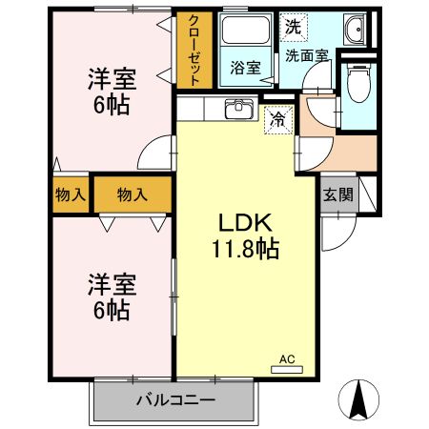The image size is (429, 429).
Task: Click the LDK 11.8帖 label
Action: tap(245, 235)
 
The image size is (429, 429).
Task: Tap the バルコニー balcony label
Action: tap(174, 399)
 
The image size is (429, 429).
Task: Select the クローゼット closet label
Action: tap(194, 51)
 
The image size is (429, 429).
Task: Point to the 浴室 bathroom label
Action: tap(245, 67)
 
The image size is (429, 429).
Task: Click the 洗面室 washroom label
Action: tap(307, 55)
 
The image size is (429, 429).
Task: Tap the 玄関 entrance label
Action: tap(337, 195)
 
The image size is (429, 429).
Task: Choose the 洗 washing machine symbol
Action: tap(292, 28)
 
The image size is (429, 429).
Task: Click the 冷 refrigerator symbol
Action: tap(277, 119)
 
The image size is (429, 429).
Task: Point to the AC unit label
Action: tap(287, 359)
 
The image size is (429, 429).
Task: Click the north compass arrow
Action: tap(358, 398)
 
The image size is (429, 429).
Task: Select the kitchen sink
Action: tap(238, 109)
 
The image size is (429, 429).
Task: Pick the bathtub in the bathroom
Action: tap(245, 31)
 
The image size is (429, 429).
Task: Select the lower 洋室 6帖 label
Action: tap(112, 296)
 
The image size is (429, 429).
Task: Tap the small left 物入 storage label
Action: tap(71, 194)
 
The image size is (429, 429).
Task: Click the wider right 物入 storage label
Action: tap(133, 194)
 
